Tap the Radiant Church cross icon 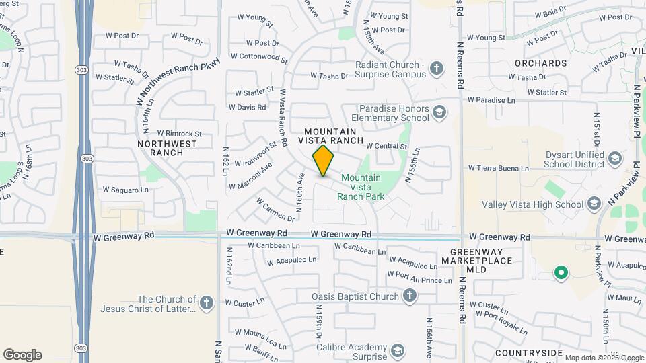point(437,69)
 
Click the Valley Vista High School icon point(594,203)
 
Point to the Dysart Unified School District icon point(614,159)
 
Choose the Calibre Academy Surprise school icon point(398,351)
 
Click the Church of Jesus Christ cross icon point(206,302)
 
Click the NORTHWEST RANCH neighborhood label point(168,148)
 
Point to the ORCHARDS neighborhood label point(540,63)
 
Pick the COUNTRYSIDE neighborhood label point(528,352)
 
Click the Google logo point(22,355)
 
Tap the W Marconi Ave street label point(250,175)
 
